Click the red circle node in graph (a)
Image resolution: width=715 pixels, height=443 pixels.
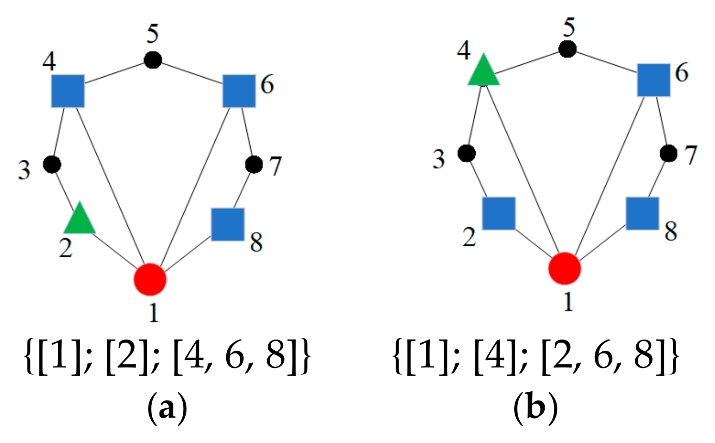pos(150,278)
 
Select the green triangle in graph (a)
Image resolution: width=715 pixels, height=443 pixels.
pos(80,219)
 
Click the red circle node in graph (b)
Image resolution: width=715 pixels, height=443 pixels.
pos(565,269)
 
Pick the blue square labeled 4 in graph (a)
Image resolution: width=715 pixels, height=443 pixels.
pos(68,91)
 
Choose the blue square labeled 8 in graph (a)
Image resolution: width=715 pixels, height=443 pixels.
pos(228,224)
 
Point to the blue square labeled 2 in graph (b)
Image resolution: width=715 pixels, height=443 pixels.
pos(499,213)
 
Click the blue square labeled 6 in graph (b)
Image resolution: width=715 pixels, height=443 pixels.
pos(654,80)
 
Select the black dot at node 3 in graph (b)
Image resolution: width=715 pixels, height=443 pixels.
pos(466,153)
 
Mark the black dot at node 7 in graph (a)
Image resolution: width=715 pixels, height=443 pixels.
pos(253,164)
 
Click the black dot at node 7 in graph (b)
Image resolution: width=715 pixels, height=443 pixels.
pos(668,153)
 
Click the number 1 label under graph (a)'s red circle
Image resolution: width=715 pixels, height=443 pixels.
pos(153,313)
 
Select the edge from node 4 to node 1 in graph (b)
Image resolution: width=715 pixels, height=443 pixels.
pos(523,171)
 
